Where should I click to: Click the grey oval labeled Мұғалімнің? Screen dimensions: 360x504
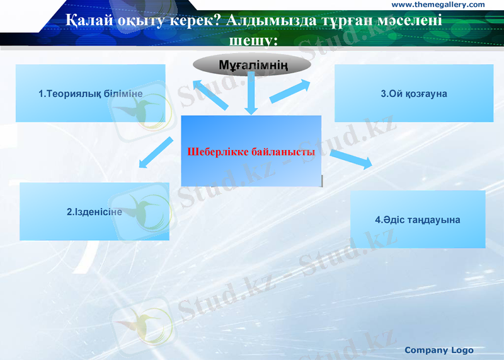click(x=252, y=64)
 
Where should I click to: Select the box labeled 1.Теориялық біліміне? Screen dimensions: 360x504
click(x=91, y=93)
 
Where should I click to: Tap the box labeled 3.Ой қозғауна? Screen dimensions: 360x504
click(x=413, y=93)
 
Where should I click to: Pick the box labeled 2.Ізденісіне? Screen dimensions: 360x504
click(x=94, y=212)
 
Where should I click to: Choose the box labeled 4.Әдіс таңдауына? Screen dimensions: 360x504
click(x=418, y=219)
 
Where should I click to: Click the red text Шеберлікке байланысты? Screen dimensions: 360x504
click(x=251, y=152)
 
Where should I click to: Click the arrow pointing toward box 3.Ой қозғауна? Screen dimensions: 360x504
click(x=290, y=91)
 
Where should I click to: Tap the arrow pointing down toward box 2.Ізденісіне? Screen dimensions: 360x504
click(x=155, y=153)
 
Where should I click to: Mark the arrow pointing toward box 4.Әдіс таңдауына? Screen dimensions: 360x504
click(x=351, y=158)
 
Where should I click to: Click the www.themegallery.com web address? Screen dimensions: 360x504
click(x=438, y=4)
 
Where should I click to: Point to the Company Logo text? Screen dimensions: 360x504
click(x=438, y=350)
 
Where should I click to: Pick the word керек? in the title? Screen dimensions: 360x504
click(x=193, y=20)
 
